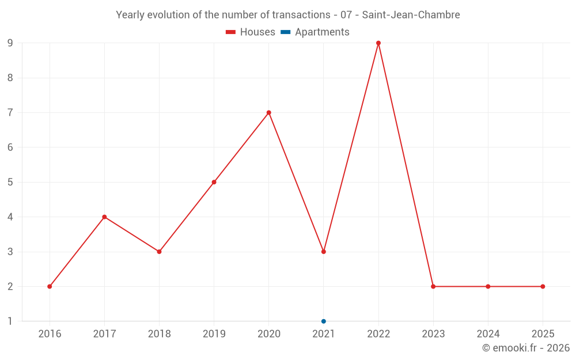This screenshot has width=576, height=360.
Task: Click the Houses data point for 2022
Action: tap(378, 43)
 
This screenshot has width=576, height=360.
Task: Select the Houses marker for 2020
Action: tap(269, 112)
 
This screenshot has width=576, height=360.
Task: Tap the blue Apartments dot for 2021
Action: tap(324, 321)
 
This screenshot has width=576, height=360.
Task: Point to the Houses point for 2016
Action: tap(50, 286)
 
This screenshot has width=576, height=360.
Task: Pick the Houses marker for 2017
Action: tap(104, 217)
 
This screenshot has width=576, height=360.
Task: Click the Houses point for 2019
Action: tap(214, 182)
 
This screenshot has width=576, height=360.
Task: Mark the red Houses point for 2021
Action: tap(324, 252)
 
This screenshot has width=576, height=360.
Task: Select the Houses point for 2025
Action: tap(543, 286)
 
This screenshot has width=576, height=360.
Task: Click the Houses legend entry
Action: tap(251, 32)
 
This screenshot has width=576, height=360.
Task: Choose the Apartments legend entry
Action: tap(315, 32)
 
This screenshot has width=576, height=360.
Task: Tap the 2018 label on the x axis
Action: tap(159, 334)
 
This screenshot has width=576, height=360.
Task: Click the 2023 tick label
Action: tap(433, 334)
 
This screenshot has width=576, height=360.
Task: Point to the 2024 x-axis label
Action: tap(488, 334)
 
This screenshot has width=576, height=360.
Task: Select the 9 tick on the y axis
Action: tap(10, 43)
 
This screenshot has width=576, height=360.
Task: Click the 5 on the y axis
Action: tap(10, 182)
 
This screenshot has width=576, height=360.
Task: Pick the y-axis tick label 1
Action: tap(10, 321)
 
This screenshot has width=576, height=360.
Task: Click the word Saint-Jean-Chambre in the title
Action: tap(411, 15)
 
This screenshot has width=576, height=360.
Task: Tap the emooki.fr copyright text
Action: tap(526, 348)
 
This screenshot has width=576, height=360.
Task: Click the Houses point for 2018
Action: tap(159, 252)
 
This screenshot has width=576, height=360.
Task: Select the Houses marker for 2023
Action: tap(433, 286)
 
